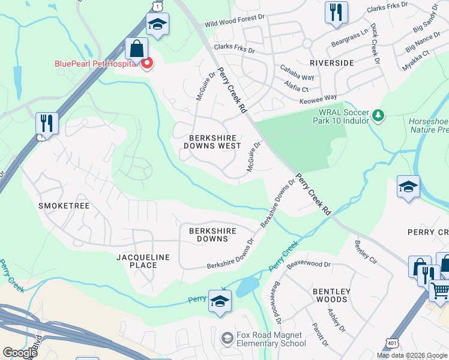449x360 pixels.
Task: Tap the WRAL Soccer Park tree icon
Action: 378,115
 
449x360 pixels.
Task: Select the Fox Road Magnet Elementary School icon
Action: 227,338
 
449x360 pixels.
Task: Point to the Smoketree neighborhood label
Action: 64,206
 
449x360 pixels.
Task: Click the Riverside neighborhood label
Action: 332,62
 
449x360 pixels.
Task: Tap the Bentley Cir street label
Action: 365,252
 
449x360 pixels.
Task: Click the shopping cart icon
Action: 441,292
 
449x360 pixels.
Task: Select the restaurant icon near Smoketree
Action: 46,123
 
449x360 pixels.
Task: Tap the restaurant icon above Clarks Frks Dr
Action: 336,12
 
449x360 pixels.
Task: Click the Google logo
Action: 20,353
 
